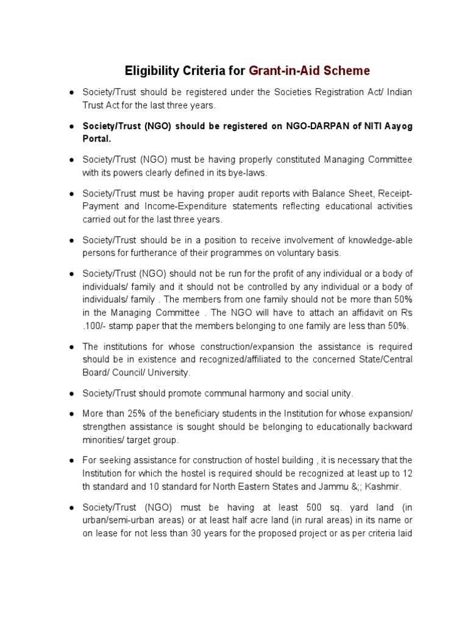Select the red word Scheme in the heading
(347, 71)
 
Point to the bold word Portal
(97, 138)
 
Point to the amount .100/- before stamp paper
(97, 325)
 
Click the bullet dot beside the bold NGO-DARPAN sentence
(71, 127)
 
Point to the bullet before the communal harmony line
(71, 394)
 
